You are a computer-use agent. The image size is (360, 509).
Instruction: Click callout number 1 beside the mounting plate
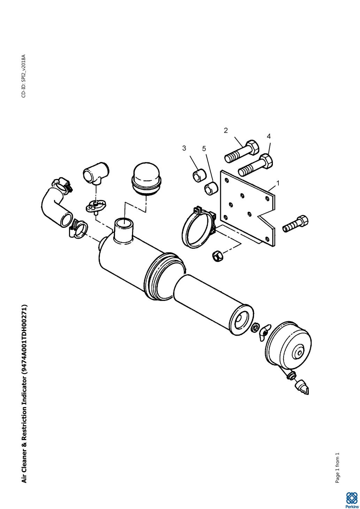pos(277,183)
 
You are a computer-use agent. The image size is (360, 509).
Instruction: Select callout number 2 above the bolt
pos(226,130)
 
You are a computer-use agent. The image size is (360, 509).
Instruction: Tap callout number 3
pos(184,148)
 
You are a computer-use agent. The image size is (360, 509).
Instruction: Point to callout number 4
pos(269,136)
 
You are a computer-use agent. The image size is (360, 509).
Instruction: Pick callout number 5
pos(204,149)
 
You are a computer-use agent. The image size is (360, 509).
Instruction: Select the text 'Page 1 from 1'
pos(337,467)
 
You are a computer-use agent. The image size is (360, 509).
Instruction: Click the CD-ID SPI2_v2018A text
pos(24,76)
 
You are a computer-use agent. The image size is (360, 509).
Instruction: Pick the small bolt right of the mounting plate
pos(296,224)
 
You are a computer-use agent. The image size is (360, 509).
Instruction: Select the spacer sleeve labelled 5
pos(211,187)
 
